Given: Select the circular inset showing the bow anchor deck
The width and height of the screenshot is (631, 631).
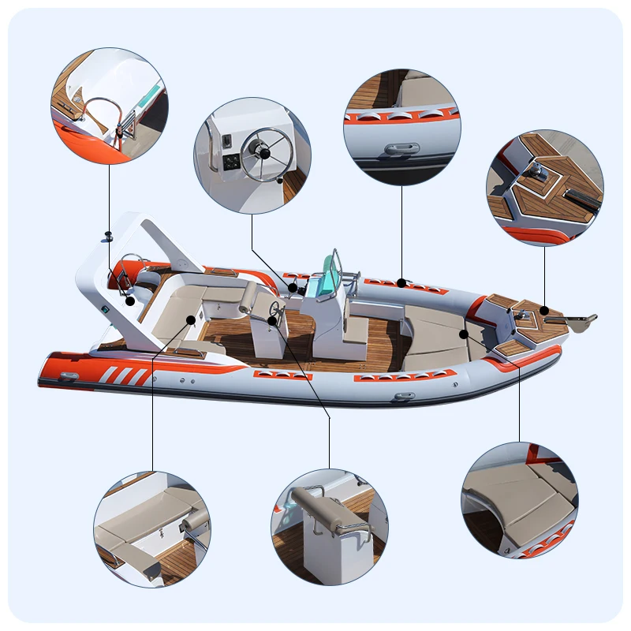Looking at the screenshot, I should coord(544,188).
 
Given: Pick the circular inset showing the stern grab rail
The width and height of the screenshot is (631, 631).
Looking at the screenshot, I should coord(109,105).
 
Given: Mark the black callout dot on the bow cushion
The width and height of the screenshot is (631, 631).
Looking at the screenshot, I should coord(465,334).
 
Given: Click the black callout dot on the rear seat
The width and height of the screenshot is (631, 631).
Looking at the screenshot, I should coord(191,319).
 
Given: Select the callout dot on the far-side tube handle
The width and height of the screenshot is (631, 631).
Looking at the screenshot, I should coord(401,282).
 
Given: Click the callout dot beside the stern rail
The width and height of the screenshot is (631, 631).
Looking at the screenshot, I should coord(130,301).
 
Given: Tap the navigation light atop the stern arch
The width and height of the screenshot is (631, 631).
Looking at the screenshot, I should coord(109,234).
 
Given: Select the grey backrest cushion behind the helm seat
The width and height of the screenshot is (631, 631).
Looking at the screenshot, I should coord(249,296).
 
